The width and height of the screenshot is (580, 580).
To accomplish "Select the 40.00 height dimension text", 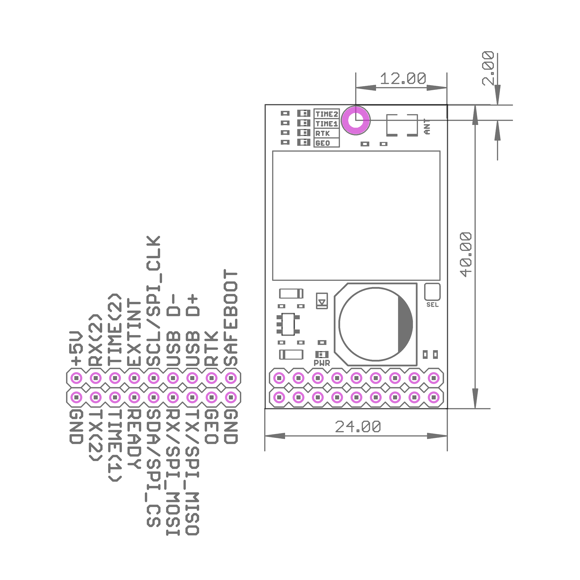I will (x=466, y=254).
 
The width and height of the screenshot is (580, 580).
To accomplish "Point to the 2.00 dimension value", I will (x=488, y=68).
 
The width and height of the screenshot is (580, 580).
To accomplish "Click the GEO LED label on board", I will (x=323, y=143).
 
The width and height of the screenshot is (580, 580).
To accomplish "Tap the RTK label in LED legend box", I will (x=322, y=133).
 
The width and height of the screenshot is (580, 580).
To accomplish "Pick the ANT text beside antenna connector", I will (x=427, y=126).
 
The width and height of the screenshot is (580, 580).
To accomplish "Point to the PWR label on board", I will (x=322, y=363).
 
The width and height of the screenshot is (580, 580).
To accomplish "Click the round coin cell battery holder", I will (x=375, y=324).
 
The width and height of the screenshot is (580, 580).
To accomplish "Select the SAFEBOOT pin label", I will (x=231, y=318).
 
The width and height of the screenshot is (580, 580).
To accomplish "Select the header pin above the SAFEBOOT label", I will (x=231, y=378).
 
